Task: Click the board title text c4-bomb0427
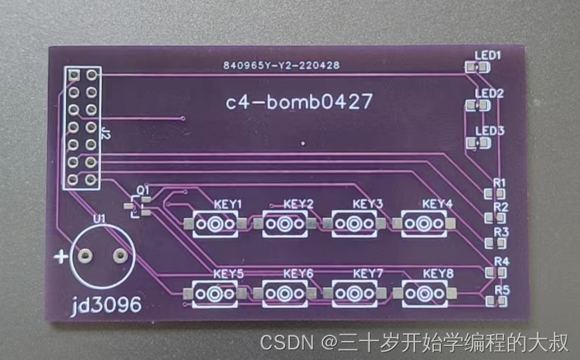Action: tap(298, 102)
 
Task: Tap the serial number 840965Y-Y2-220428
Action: tap(282, 66)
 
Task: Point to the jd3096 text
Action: tap(106, 305)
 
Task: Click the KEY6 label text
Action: tap(298, 273)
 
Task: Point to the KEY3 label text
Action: tap(368, 204)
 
